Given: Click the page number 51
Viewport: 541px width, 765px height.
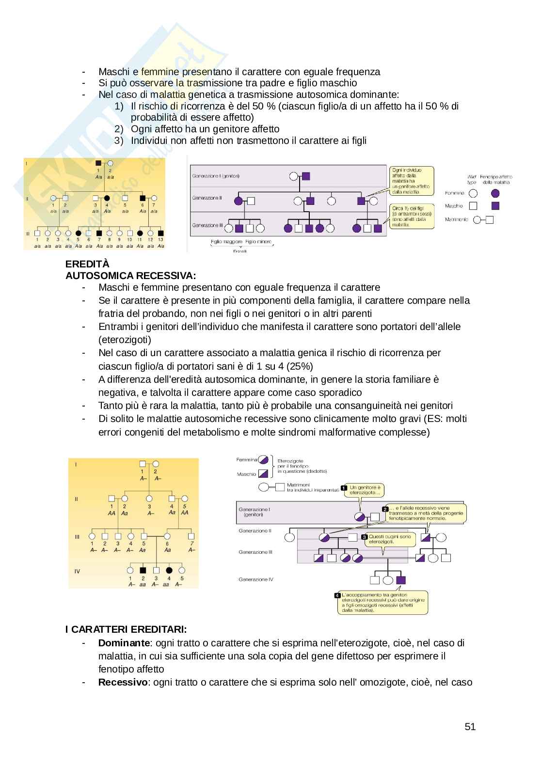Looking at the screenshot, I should [x=470, y=726].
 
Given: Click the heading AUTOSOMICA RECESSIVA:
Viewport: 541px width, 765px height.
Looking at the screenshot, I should [x=131, y=276].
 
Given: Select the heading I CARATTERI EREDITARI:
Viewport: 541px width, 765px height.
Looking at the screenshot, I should [x=126, y=629].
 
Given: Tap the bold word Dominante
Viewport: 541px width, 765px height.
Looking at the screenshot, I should [x=124, y=643].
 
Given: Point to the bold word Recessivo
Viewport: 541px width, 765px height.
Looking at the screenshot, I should [x=122, y=682].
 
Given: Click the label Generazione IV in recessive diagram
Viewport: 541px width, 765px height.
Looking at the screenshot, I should [x=256, y=579].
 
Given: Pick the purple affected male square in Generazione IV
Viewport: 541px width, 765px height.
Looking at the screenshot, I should [x=401, y=580].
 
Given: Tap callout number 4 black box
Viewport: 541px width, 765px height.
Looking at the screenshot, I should [x=337, y=595].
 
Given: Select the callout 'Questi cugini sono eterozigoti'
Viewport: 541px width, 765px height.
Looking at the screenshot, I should [x=389, y=539].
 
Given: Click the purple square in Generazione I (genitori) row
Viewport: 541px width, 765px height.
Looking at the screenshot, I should [x=306, y=176].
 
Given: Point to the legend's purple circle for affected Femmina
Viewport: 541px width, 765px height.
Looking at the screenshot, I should [x=495, y=193].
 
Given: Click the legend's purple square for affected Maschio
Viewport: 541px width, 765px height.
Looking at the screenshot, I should [x=495, y=206].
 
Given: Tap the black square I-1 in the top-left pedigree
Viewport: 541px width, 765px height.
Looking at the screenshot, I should [x=98, y=164].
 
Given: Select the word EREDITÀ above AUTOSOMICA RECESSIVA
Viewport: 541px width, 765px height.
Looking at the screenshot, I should [x=88, y=264].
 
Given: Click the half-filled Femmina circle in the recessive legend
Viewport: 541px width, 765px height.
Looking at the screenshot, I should [x=263, y=459].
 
